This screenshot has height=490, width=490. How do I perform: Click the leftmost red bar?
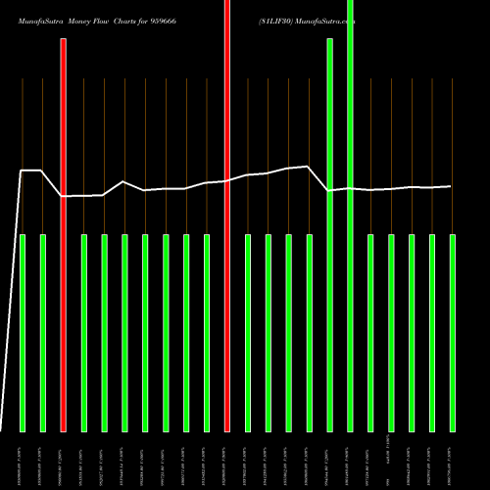tap(64, 235)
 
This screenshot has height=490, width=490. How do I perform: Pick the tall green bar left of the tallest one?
tap(329, 235)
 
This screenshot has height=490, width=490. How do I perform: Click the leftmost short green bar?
tap(23, 333)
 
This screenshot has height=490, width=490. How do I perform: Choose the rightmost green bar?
tap(453, 333)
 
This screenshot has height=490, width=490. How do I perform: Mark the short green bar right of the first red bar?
tap(84, 333)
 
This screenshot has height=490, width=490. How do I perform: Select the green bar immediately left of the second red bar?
tap(207, 333)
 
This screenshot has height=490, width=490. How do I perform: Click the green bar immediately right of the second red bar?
tap(248, 333)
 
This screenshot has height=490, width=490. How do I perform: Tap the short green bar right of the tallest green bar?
tap(370, 333)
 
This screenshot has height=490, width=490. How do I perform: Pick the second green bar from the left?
tap(43, 333)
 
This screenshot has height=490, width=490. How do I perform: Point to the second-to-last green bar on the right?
tap(432, 333)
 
